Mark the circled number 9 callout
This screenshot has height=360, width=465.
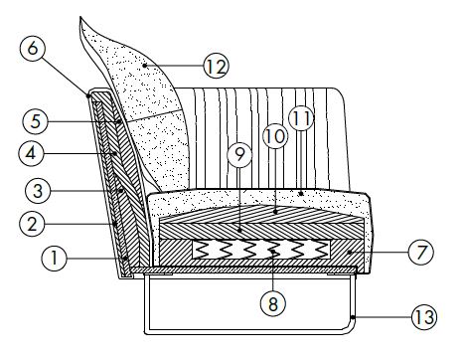235,155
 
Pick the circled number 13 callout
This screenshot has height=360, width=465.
424,319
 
